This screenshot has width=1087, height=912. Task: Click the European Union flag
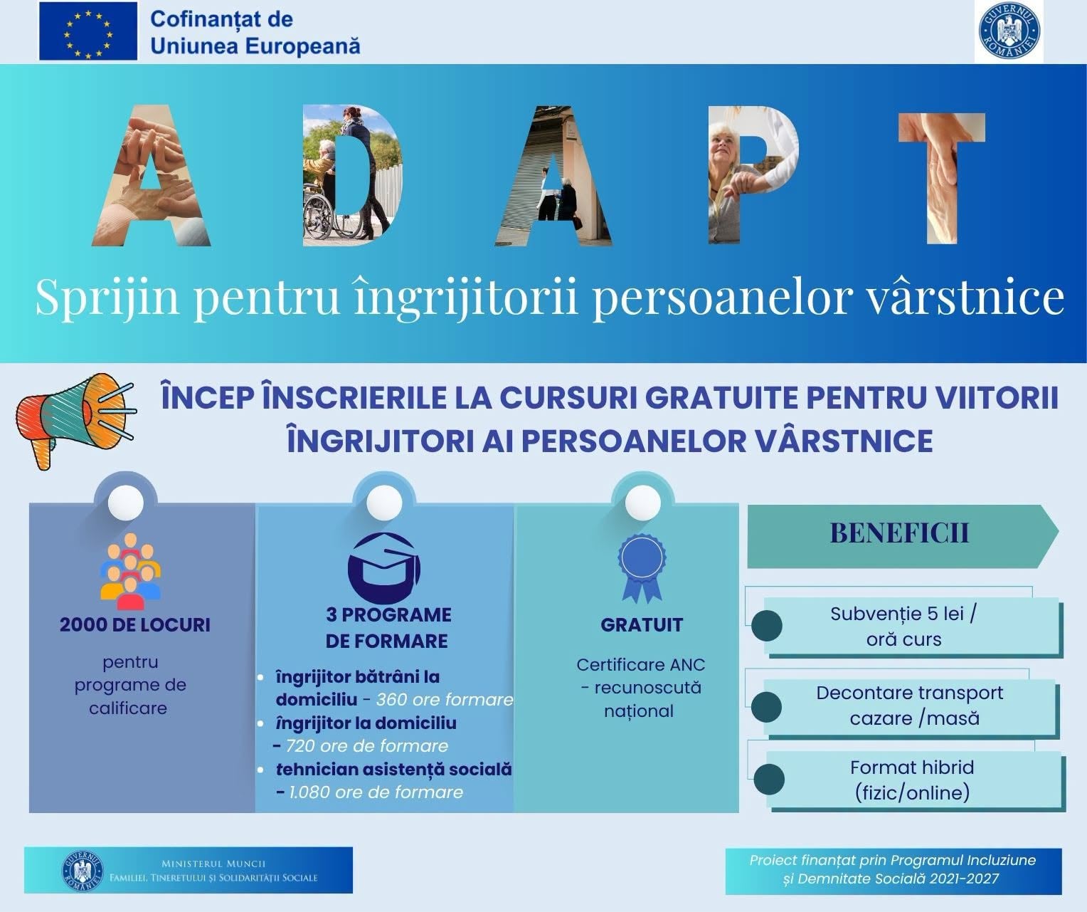88,31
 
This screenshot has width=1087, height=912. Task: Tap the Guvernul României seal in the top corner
1009,30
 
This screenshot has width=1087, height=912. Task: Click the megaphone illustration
76,421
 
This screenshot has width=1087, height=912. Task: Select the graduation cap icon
384,568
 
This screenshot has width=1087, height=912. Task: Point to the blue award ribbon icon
642,569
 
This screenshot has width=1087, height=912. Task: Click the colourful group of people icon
130,571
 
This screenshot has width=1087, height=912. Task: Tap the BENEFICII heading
899,533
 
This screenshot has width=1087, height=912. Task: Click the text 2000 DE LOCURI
135,625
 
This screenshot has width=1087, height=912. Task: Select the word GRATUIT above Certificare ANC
642,625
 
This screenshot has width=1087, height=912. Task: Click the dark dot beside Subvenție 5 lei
766,625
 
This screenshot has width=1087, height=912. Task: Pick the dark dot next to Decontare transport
766,707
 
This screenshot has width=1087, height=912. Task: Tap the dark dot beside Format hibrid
769,780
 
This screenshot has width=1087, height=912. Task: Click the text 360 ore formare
445,699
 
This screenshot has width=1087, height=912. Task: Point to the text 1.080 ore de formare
376,792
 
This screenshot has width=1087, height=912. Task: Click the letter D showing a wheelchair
352,175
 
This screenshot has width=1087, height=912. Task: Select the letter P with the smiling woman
754,175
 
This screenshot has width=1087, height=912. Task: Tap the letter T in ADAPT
942,178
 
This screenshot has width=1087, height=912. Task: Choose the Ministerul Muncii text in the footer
213,864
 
